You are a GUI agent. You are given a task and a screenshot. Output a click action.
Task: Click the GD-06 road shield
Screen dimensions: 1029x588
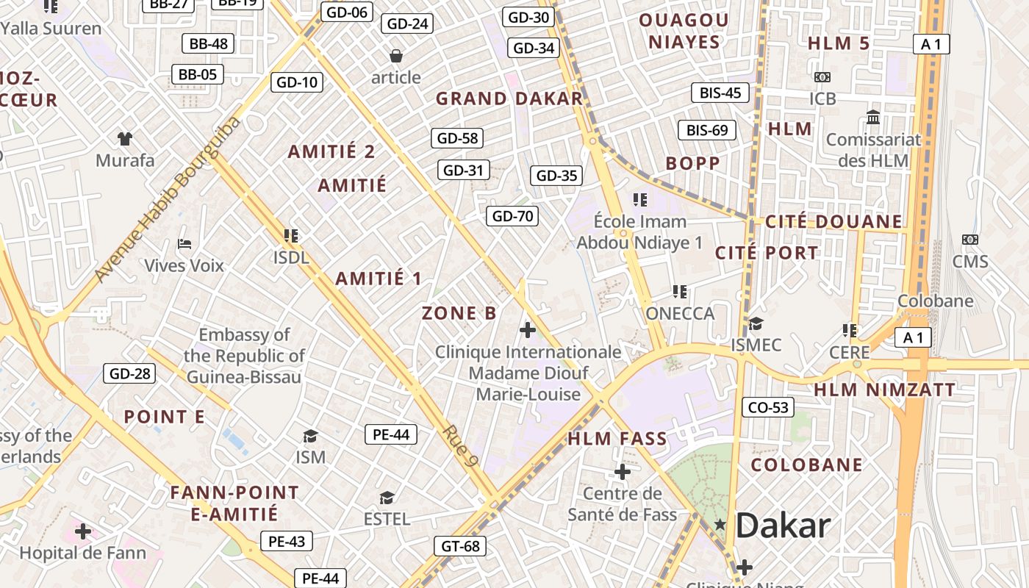coord(347,12)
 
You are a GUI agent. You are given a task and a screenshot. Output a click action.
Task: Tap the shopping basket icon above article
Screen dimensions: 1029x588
coord(395,56)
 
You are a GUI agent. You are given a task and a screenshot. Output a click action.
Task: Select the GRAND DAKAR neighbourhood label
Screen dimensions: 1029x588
coord(509,98)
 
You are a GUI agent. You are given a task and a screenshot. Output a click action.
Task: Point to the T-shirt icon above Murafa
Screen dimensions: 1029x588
coord(125,138)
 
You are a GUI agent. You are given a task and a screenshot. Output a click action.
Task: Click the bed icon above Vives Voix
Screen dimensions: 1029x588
coord(184,243)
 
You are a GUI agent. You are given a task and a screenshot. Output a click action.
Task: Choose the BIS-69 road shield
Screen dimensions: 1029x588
coord(706,130)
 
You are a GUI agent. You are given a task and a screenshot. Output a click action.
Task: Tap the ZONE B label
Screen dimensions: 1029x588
coord(459,313)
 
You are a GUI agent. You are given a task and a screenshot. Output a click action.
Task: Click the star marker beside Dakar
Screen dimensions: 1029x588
coord(720,524)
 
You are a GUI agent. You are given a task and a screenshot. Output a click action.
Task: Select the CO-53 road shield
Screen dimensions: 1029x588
coord(768,407)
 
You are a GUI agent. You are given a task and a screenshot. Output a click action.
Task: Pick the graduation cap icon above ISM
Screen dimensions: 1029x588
coord(310,436)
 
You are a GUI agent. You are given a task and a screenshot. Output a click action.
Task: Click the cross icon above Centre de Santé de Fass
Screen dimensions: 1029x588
coord(623,471)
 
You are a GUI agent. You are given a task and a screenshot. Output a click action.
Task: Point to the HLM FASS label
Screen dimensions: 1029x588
coord(617,440)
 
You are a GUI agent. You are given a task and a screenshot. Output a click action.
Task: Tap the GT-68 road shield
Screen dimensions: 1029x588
coord(460,546)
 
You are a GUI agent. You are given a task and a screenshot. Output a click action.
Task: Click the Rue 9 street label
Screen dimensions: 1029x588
coord(461,446)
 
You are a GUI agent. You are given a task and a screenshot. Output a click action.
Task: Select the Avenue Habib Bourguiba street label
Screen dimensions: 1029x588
coord(168,199)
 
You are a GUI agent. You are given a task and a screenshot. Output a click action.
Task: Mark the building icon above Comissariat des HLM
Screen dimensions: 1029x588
coord(873,117)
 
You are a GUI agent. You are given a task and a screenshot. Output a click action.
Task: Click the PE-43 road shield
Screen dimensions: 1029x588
coord(286,542)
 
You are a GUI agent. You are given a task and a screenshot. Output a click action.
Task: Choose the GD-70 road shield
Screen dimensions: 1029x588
coord(512,216)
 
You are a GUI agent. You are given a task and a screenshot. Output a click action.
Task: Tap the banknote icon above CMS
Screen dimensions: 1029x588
coord(970,240)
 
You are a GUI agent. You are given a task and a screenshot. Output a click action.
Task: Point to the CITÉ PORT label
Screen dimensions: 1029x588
coord(767,253)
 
